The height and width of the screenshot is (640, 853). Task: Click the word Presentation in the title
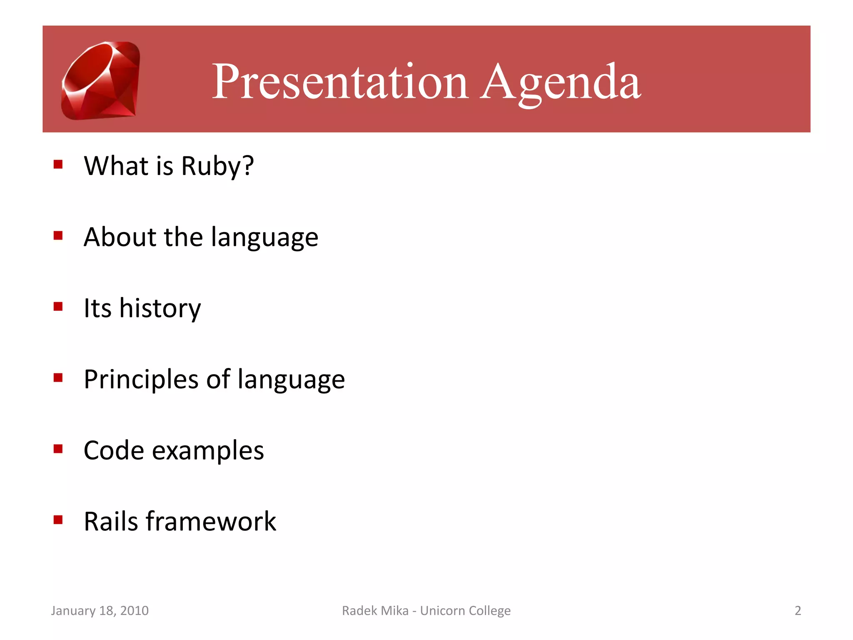pyautogui.click(x=339, y=82)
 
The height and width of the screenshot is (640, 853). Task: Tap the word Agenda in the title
pyautogui.click(x=560, y=82)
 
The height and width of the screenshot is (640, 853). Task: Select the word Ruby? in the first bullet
pyautogui.click(x=217, y=166)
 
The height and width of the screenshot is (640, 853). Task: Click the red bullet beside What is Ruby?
pyautogui.click(x=58, y=164)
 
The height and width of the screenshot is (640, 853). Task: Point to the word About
pyautogui.click(x=120, y=237)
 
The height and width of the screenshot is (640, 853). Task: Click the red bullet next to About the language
pyautogui.click(x=58, y=235)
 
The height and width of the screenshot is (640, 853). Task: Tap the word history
pyautogui.click(x=160, y=308)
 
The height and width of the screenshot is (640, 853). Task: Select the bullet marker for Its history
pyautogui.click(x=58, y=307)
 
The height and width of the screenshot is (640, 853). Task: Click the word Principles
pyautogui.click(x=141, y=380)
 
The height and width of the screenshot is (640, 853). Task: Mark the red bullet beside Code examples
pyautogui.click(x=58, y=449)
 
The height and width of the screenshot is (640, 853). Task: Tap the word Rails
pyautogui.click(x=111, y=521)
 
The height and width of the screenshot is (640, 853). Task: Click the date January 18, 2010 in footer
pyautogui.click(x=100, y=610)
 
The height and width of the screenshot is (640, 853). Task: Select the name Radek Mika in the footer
pyautogui.click(x=375, y=610)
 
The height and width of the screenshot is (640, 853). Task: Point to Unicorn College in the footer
pyautogui.click(x=465, y=610)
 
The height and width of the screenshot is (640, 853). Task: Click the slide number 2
pyautogui.click(x=798, y=610)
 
